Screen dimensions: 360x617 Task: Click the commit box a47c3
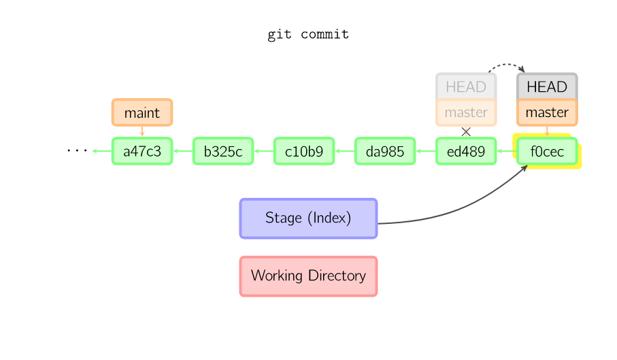click(x=142, y=151)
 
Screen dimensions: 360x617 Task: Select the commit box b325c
click(x=223, y=151)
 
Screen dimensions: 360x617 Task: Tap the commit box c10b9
click(x=304, y=151)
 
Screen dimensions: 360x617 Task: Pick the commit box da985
click(x=385, y=151)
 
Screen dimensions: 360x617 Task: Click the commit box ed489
click(x=466, y=151)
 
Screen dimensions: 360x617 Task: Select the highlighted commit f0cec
click(x=547, y=151)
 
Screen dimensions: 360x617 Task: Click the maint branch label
click(x=142, y=112)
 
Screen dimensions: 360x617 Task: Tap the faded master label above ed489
click(x=466, y=112)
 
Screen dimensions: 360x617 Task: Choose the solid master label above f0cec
click(x=547, y=112)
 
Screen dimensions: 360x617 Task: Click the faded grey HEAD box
click(x=466, y=86)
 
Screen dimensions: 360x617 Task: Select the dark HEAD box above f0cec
click(x=547, y=86)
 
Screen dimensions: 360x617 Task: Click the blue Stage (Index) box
click(x=308, y=218)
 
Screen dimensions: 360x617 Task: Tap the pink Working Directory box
click(x=308, y=276)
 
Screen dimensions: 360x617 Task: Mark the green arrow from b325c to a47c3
click(x=182, y=151)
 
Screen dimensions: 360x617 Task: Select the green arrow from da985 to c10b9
click(x=344, y=151)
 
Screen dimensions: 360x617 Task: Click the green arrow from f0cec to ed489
click(x=506, y=151)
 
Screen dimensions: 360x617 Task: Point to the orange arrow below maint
click(x=142, y=131)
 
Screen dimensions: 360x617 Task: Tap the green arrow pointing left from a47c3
click(x=101, y=151)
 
